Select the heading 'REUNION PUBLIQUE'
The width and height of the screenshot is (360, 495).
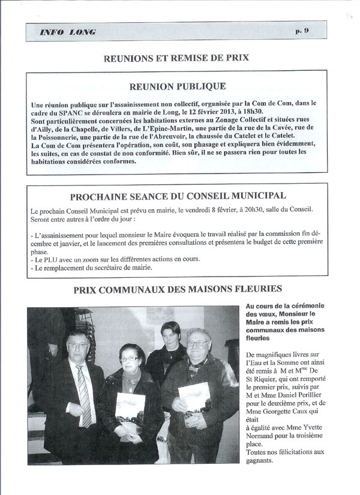181,86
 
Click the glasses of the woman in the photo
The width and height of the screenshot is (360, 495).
129,359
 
